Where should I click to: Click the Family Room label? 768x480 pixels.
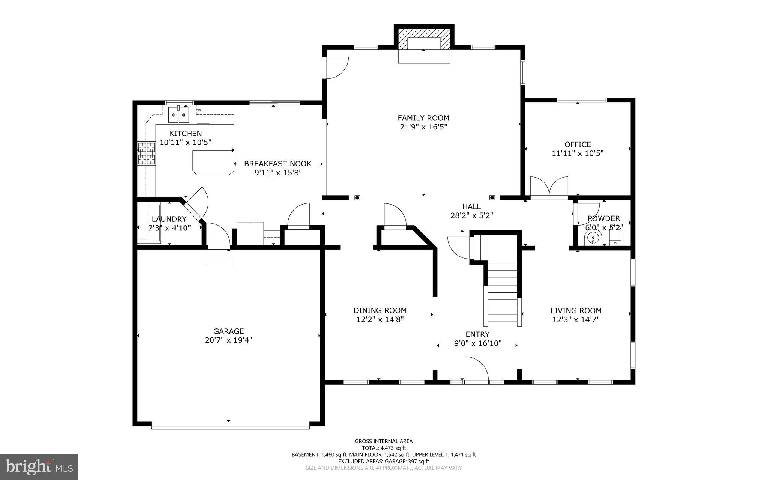(x=423, y=118)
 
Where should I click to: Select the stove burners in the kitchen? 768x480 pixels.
(x=146, y=153)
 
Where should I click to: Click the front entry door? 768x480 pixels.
(x=476, y=372)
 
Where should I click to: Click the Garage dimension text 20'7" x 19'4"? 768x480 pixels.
(x=228, y=340)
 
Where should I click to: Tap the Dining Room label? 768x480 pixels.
(x=380, y=310)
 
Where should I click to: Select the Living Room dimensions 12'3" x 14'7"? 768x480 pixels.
(x=576, y=320)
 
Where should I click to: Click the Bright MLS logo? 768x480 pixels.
(x=39, y=467)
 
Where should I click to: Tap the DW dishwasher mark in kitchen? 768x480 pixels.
(x=198, y=110)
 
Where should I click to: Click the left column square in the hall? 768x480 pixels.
(x=357, y=197)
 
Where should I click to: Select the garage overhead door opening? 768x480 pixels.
(x=230, y=427)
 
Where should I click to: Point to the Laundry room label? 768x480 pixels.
(x=169, y=219)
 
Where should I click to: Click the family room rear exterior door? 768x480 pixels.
(x=336, y=68)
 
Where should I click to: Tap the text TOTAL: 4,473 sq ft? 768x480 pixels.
(x=384, y=448)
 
